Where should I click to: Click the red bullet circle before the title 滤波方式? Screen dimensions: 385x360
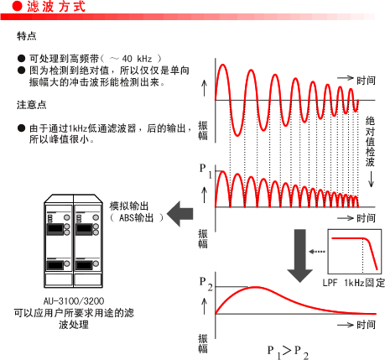[17, 6]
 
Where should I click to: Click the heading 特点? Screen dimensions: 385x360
[27, 36]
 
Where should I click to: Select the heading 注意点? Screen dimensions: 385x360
[31, 105]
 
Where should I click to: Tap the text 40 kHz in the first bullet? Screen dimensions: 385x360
[137, 59]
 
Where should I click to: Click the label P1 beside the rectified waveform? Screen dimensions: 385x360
[206, 170]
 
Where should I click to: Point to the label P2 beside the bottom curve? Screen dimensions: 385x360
[206, 284]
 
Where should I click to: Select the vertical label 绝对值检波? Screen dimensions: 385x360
[370, 142]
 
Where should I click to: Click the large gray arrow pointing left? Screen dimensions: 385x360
[180, 214]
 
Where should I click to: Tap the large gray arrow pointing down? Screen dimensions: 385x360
[299, 256]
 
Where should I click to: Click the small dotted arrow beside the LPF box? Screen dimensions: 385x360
[317, 252]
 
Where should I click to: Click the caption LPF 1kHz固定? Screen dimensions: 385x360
[354, 283]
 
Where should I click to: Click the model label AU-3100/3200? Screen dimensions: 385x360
[74, 301]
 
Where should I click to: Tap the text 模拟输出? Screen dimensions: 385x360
[128, 206]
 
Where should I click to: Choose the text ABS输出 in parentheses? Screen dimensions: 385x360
[137, 217]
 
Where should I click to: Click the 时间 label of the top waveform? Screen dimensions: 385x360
[366, 81]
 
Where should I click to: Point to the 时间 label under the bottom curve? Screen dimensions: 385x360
[366, 325]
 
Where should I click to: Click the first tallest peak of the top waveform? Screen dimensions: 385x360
[222, 65]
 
